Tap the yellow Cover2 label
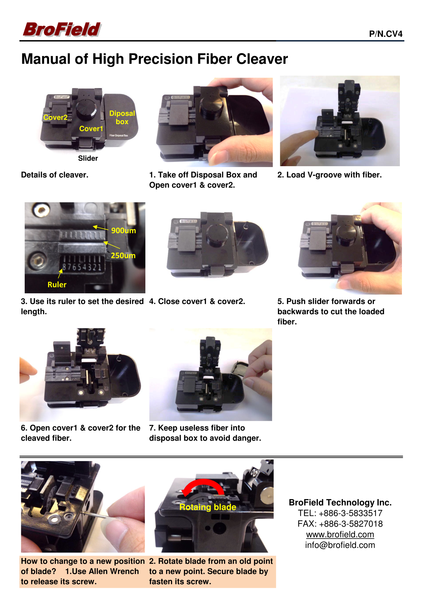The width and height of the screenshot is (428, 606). point(56,118)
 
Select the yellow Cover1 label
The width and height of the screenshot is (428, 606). point(91,128)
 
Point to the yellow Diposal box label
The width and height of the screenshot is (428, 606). point(122,118)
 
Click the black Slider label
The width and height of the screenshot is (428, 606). point(88,158)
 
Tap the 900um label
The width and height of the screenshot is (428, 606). point(123,231)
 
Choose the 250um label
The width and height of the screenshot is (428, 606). point(123,255)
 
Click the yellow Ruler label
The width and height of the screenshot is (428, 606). point(57,285)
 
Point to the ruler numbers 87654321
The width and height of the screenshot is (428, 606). point(82,267)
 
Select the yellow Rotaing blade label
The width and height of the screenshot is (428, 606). point(208,507)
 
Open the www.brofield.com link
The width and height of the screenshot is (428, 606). point(340,534)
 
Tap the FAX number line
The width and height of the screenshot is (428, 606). point(340,523)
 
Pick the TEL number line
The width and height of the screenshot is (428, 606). point(340,513)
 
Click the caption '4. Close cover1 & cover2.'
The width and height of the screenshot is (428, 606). point(197,301)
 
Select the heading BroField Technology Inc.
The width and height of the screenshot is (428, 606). point(340,502)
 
